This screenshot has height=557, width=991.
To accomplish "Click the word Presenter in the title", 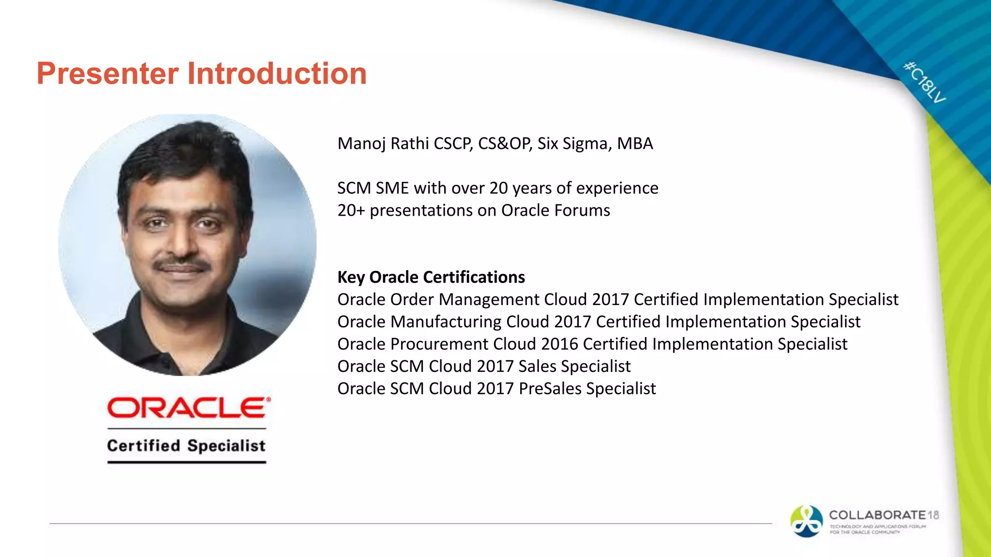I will [107, 73].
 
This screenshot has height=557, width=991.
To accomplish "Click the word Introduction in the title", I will [277, 73].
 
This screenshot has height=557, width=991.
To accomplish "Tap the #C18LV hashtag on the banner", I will [924, 82].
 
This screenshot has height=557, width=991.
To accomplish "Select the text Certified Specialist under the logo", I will [186, 445].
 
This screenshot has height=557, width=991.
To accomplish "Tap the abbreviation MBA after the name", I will [635, 144].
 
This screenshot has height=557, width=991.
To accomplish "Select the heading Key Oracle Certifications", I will [431, 277].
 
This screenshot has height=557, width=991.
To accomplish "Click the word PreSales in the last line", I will [550, 388].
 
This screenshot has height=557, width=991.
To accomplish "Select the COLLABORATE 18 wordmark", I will [884, 515].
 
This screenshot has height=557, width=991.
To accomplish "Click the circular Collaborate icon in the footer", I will [806, 521].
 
